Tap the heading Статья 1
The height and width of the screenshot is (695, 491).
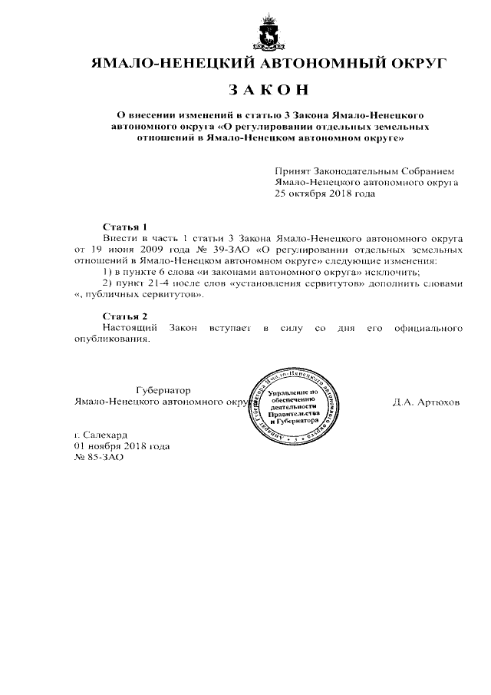(124, 227)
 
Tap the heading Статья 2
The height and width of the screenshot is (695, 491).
(124, 316)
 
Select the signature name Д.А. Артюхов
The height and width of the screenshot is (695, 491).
(426, 402)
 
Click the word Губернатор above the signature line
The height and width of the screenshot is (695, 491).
(163, 390)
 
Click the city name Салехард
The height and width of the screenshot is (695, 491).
(112, 435)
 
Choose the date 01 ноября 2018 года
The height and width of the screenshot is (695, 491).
(122, 446)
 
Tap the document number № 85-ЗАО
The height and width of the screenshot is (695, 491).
(98, 457)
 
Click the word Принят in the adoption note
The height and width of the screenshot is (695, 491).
(292, 171)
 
